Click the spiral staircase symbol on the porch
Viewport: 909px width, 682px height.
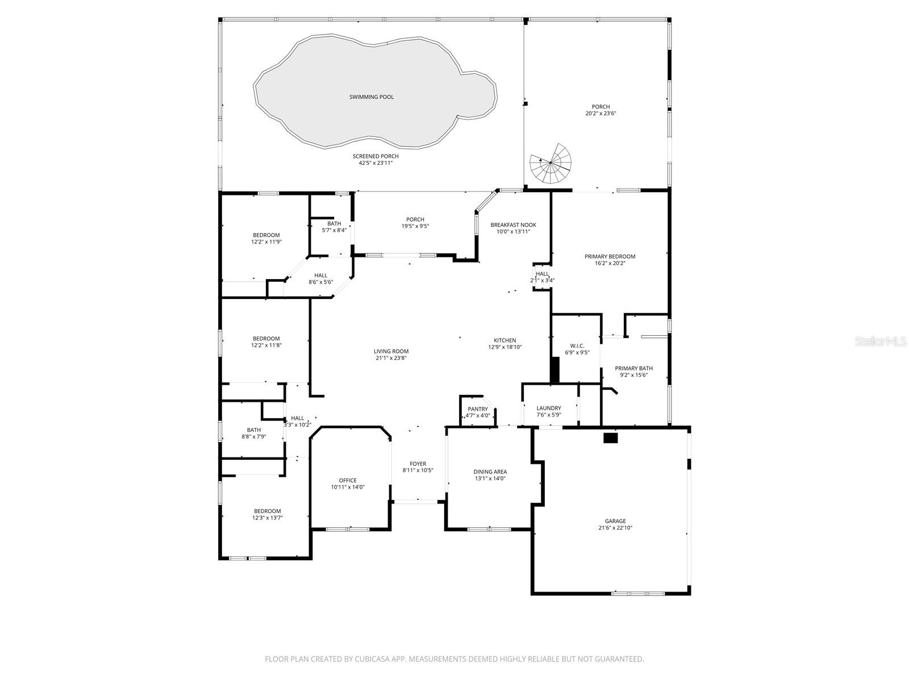point(550,164)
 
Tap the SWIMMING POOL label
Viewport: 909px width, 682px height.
point(372,97)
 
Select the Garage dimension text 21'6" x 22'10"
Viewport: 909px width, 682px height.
point(615,528)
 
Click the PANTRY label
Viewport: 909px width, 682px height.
point(478,409)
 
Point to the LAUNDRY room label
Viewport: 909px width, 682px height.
point(549,408)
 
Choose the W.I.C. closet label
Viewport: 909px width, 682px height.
point(577,346)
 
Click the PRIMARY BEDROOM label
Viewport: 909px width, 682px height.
point(610,256)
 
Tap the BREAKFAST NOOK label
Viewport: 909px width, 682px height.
point(513,225)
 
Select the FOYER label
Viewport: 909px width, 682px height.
point(418,464)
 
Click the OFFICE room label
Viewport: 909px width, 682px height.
point(348,480)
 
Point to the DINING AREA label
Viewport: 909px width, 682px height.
point(490,472)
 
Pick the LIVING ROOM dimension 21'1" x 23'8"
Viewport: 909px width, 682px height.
point(391,358)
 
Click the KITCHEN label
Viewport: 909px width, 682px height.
point(504,340)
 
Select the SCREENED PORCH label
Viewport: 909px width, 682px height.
point(376,156)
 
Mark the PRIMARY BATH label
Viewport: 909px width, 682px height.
point(633,368)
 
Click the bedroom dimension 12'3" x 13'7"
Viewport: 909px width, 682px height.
point(267,518)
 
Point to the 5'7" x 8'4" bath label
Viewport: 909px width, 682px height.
point(334,230)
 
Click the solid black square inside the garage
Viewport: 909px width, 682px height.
point(610,438)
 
